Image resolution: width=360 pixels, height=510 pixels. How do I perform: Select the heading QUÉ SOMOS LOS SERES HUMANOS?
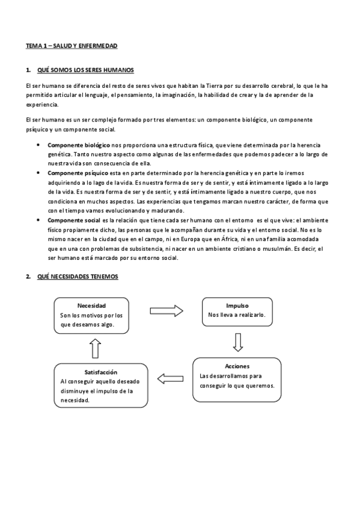pyautogui.click(x=85, y=70)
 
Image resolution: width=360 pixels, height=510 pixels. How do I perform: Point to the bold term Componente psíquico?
pyautogui.click(x=77, y=173)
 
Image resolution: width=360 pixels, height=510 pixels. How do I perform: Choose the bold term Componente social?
pyautogui.click(x=74, y=221)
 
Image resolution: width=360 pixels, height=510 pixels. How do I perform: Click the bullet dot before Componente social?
pyautogui.click(x=38, y=221)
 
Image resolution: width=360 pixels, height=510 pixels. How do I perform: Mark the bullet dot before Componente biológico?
pyautogui.click(x=38, y=146)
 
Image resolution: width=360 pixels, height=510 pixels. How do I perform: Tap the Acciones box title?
pyautogui.click(x=237, y=366)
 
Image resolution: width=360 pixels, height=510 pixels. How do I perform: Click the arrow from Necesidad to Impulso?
pyautogui.click(x=166, y=311)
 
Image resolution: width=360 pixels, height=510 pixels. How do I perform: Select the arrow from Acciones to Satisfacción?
pyautogui.click(x=169, y=378)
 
